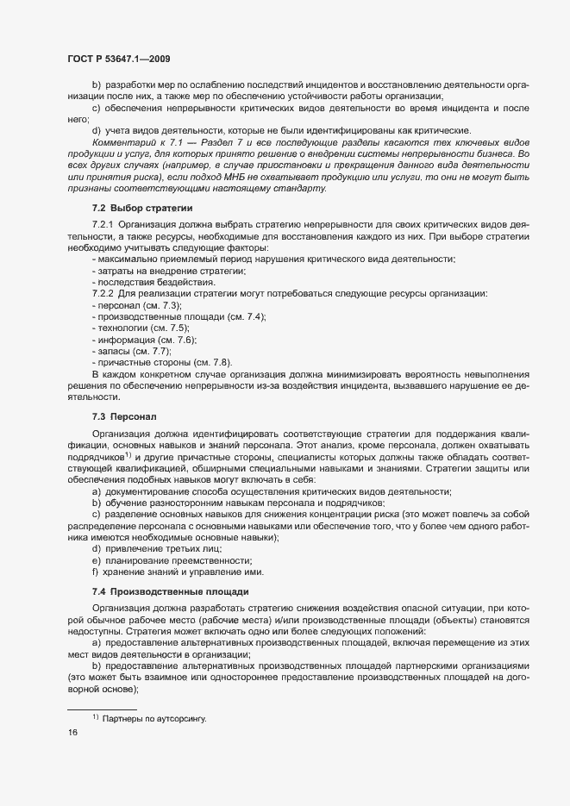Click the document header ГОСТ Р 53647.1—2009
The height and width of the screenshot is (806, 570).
coord(119,59)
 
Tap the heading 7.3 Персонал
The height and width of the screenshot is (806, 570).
coord(124,416)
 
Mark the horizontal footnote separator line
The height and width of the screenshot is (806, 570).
coord(102,709)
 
